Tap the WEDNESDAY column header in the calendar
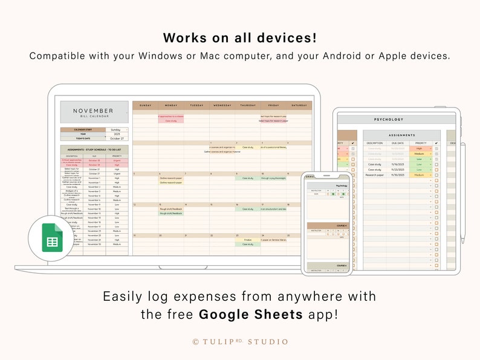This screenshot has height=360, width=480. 222,105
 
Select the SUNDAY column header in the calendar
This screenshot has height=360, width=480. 145,105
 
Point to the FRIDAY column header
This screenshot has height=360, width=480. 273,105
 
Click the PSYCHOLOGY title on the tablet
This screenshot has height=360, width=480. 389,120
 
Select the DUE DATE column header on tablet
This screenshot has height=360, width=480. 397,143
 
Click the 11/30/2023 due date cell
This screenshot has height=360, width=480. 397,175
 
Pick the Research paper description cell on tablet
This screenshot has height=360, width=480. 375,175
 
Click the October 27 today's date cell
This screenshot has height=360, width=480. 116,138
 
